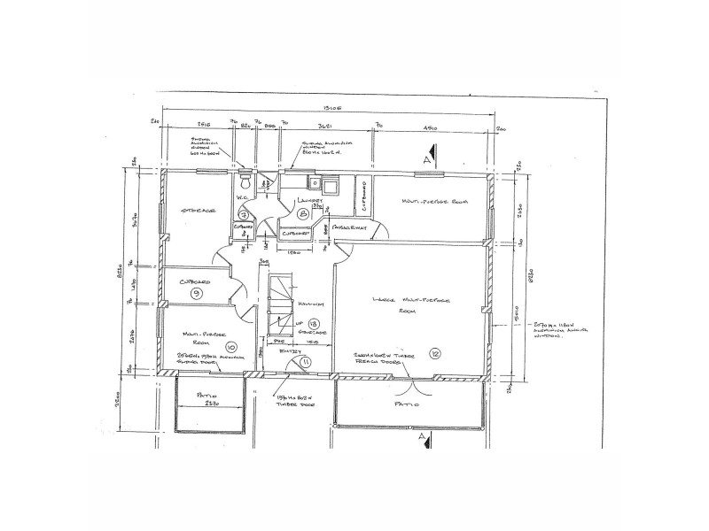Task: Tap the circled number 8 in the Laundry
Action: pos(303,214)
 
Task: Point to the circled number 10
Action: pos(231,346)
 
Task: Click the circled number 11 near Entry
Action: pos(306,362)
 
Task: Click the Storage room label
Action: pos(199,211)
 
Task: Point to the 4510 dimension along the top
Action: pos(432,129)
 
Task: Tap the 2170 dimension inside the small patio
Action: pos(209,404)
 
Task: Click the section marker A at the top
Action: pos(427,160)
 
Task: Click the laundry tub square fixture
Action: pos(329,188)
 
